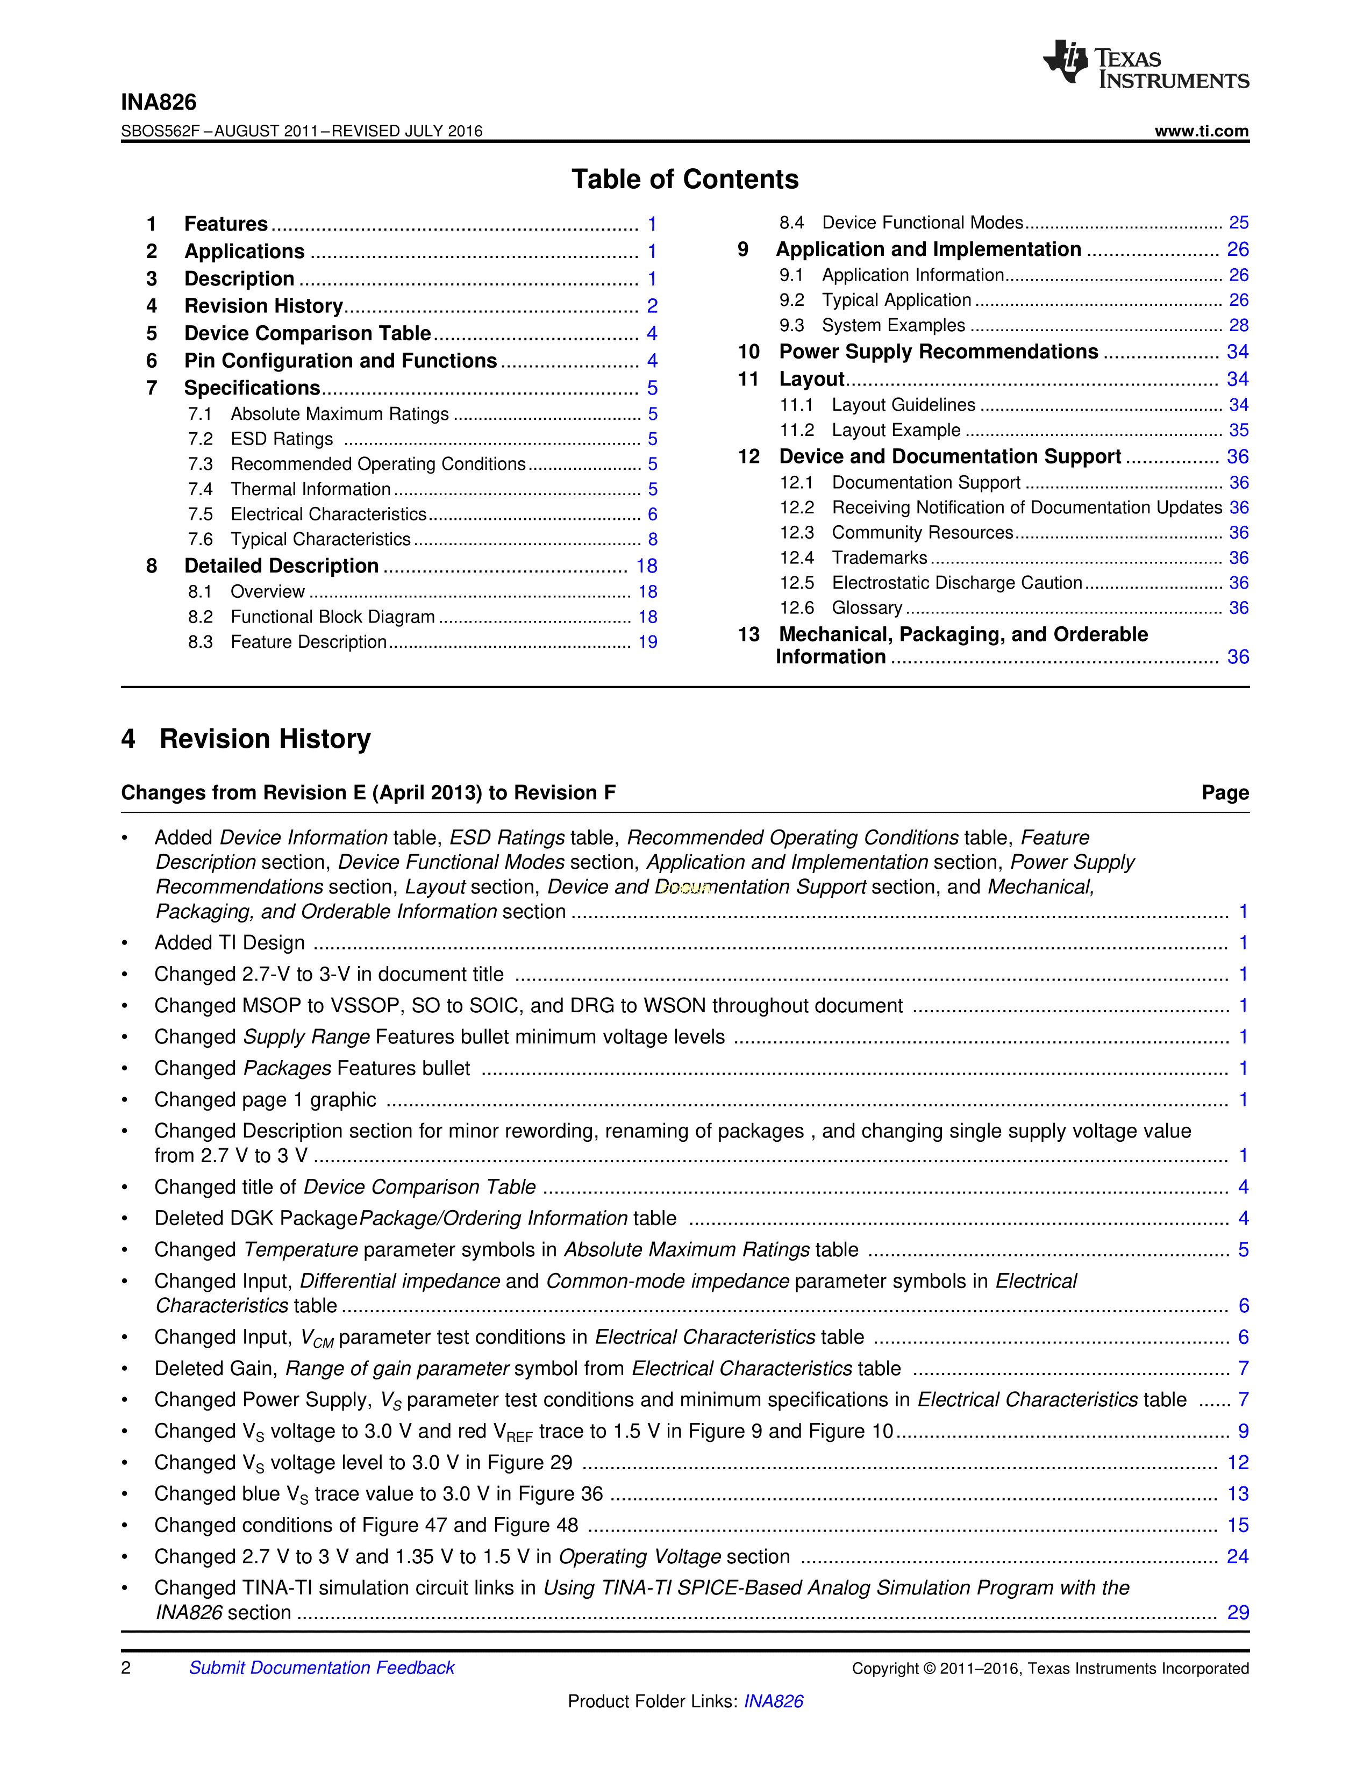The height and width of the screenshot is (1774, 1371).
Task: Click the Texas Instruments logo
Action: (x=1145, y=63)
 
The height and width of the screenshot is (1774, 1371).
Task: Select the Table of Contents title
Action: (x=684, y=180)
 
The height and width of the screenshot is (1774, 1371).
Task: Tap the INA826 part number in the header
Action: (x=159, y=102)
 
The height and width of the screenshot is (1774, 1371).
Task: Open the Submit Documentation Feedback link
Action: (x=322, y=1668)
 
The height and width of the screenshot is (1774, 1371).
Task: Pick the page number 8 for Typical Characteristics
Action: (x=652, y=539)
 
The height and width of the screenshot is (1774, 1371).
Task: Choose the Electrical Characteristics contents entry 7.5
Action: (x=328, y=514)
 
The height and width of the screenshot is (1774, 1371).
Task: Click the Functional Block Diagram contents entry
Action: (x=332, y=617)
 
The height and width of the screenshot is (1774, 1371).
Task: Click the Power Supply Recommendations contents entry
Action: (x=938, y=352)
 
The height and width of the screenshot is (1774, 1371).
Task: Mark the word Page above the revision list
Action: (x=1225, y=793)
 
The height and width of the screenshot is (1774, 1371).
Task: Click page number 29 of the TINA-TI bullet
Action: (x=1238, y=1612)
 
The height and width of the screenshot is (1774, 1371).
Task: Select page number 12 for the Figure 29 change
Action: (x=1238, y=1463)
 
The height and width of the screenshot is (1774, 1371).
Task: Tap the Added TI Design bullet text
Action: (x=230, y=943)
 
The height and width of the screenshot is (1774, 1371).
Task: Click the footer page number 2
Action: (x=126, y=1668)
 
